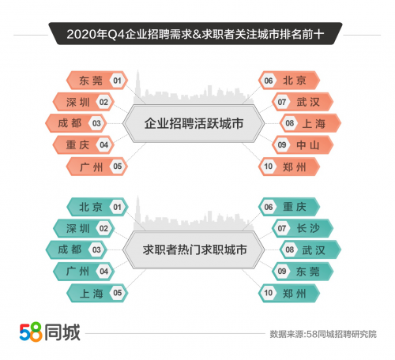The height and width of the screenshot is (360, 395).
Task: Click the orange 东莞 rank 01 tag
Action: [97, 81]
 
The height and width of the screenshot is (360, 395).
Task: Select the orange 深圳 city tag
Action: [84, 102]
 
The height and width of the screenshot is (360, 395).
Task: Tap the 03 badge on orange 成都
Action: [96, 123]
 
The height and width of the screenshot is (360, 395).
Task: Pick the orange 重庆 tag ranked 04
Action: [84, 144]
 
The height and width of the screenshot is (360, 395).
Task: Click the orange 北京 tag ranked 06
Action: [289, 81]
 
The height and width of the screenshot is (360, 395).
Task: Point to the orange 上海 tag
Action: [310, 123]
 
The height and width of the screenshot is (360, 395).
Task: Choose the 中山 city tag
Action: [303, 144]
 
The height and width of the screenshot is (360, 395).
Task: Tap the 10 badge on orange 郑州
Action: [269, 167]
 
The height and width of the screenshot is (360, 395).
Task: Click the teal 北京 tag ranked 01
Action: [97, 207]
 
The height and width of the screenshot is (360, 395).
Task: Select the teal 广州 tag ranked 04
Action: [84, 272]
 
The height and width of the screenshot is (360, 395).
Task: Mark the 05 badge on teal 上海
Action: [117, 293]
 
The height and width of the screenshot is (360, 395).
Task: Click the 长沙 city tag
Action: [303, 228]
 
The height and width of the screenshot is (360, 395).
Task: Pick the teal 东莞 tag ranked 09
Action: [303, 272]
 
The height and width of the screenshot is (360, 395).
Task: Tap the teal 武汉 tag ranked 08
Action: [310, 249]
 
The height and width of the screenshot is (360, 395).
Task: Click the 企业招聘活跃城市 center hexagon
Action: [194, 123]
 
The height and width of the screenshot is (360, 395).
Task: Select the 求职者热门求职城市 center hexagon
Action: [194, 249]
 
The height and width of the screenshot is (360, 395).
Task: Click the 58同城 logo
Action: [50, 332]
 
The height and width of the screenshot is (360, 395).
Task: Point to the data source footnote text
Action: [323, 334]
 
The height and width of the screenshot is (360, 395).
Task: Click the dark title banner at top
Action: [195, 34]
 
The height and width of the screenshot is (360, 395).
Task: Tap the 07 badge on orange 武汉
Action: [282, 102]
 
